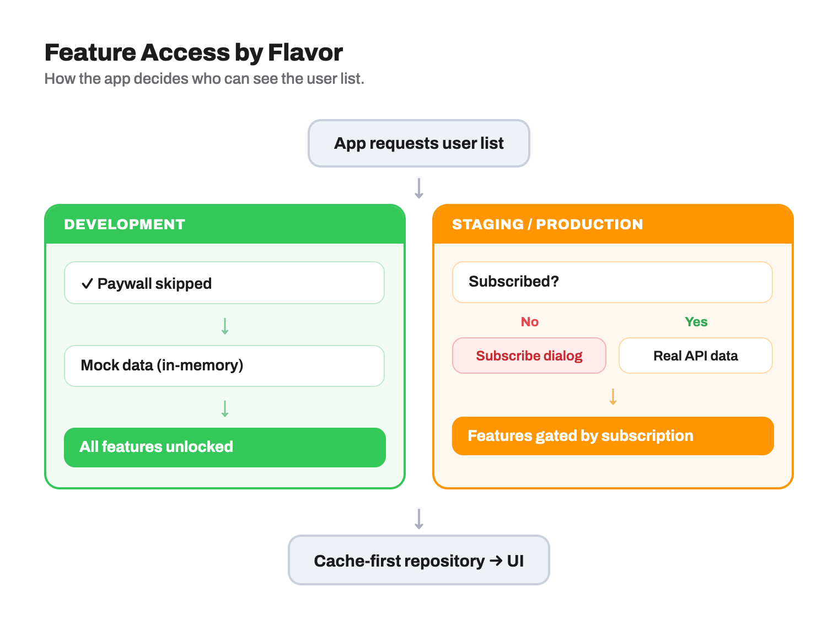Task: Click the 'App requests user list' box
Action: click(x=418, y=143)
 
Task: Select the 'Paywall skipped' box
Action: click(x=224, y=283)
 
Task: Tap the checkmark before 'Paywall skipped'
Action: click(x=87, y=283)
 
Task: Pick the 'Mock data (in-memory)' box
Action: click(x=224, y=365)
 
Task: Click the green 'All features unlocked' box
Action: click(x=224, y=447)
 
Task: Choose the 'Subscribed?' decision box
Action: click(x=612, y=282)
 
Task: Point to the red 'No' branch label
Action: click(x=529, y=322)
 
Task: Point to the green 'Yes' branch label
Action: click(x=696, y=322)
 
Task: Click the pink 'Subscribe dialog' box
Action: click(x=529, y=355)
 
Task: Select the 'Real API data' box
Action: click(x=695, y=355)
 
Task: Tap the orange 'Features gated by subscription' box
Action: click(x=613, y=436)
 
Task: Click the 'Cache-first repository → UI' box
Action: click(x=418, y=560)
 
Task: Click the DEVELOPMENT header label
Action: click(x=125, y=224)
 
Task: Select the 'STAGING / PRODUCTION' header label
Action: click(x=547, y=224)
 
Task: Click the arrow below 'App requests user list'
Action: click(x=419, y=188)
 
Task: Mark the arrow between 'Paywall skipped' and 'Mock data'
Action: click(x=225, y=326)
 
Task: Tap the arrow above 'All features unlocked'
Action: click(x=225, y=408)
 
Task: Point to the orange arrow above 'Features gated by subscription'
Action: click(x=613, y=396)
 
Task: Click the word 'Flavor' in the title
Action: click(x=305, y=52)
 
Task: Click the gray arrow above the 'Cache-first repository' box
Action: click(x=419, y=519)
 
